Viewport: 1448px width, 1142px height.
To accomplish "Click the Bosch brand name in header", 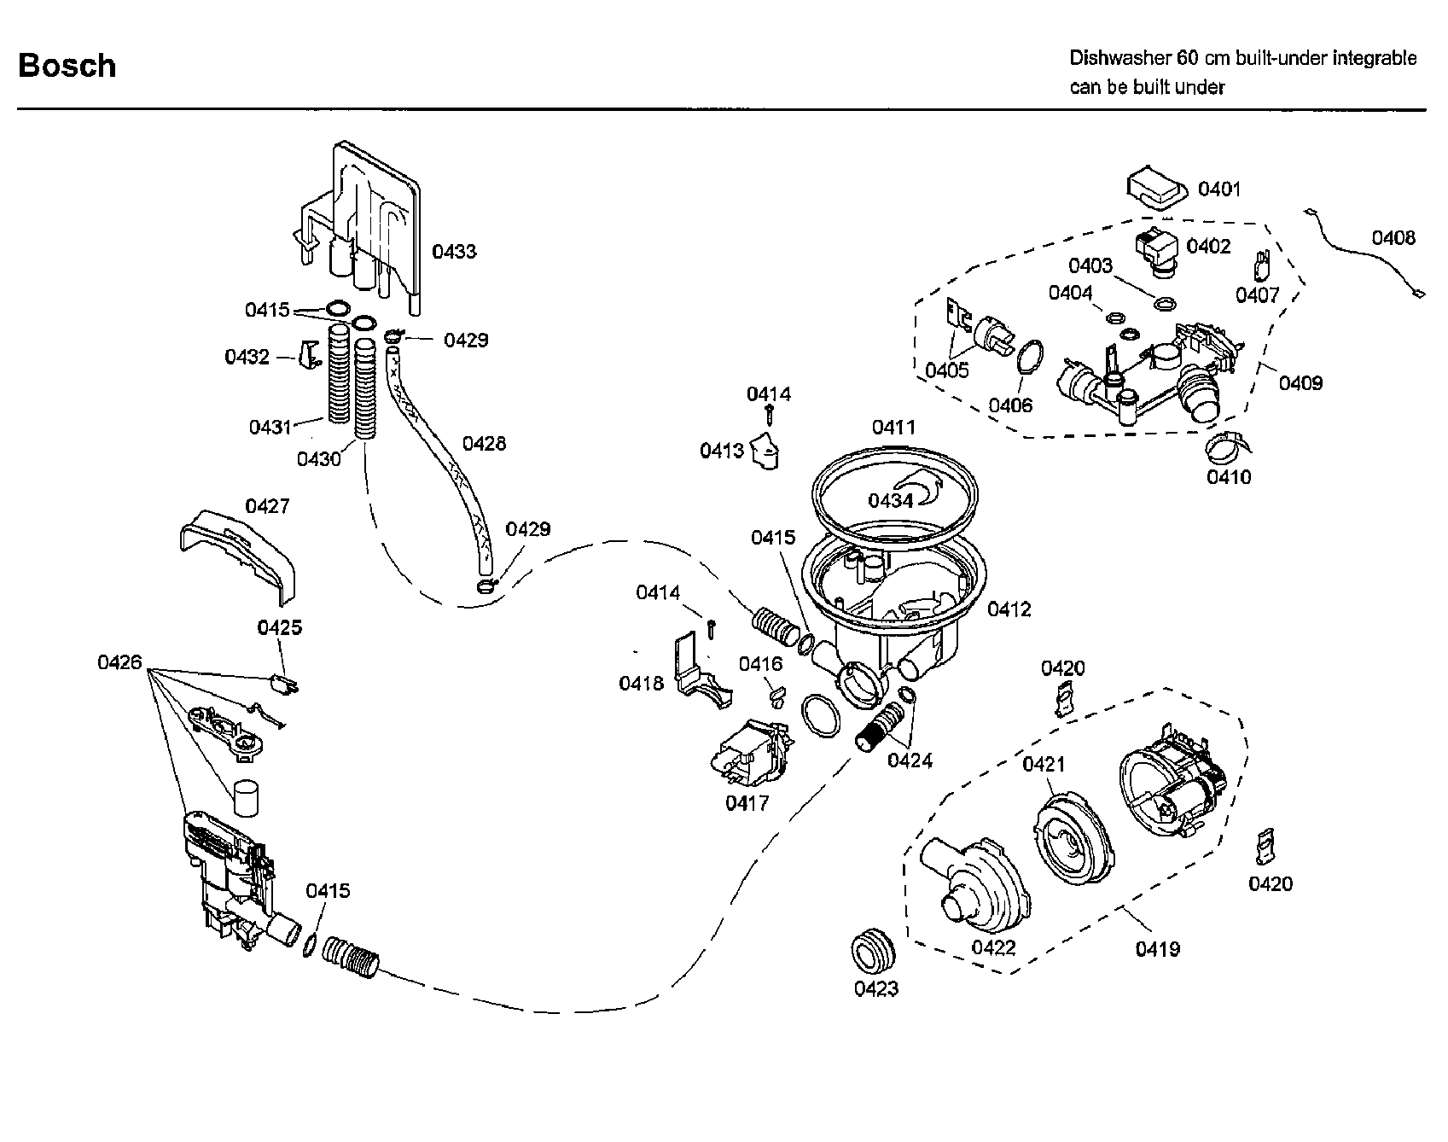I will tap(67, 66).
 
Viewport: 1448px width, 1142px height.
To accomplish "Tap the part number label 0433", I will tap(453, 252).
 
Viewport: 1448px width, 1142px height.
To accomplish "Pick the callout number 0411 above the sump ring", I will tap(893, 427).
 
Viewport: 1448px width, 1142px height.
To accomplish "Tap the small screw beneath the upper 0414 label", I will tap(770, 415).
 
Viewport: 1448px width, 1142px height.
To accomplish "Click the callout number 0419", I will tap(1157, 948).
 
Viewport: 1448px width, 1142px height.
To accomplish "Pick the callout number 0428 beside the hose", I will tap(484, 443).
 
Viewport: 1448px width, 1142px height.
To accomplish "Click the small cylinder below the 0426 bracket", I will tap(245, 799).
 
